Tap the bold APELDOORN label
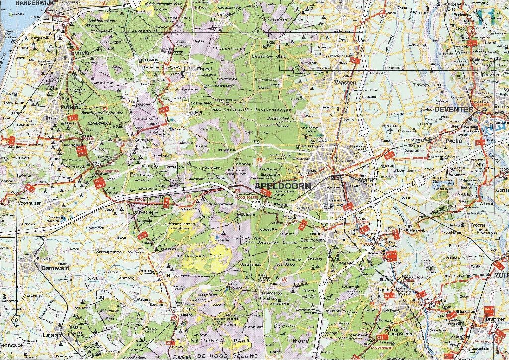283,186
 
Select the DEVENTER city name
453,109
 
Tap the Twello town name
453,141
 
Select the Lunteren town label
52,335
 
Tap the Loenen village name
385,290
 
